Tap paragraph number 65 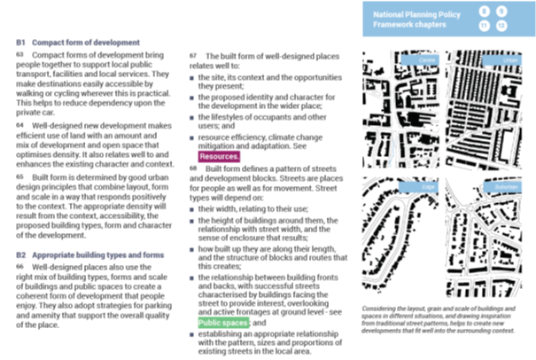pos(19,177)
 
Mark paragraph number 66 pos(19,265)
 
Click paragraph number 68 pos(192,168)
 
